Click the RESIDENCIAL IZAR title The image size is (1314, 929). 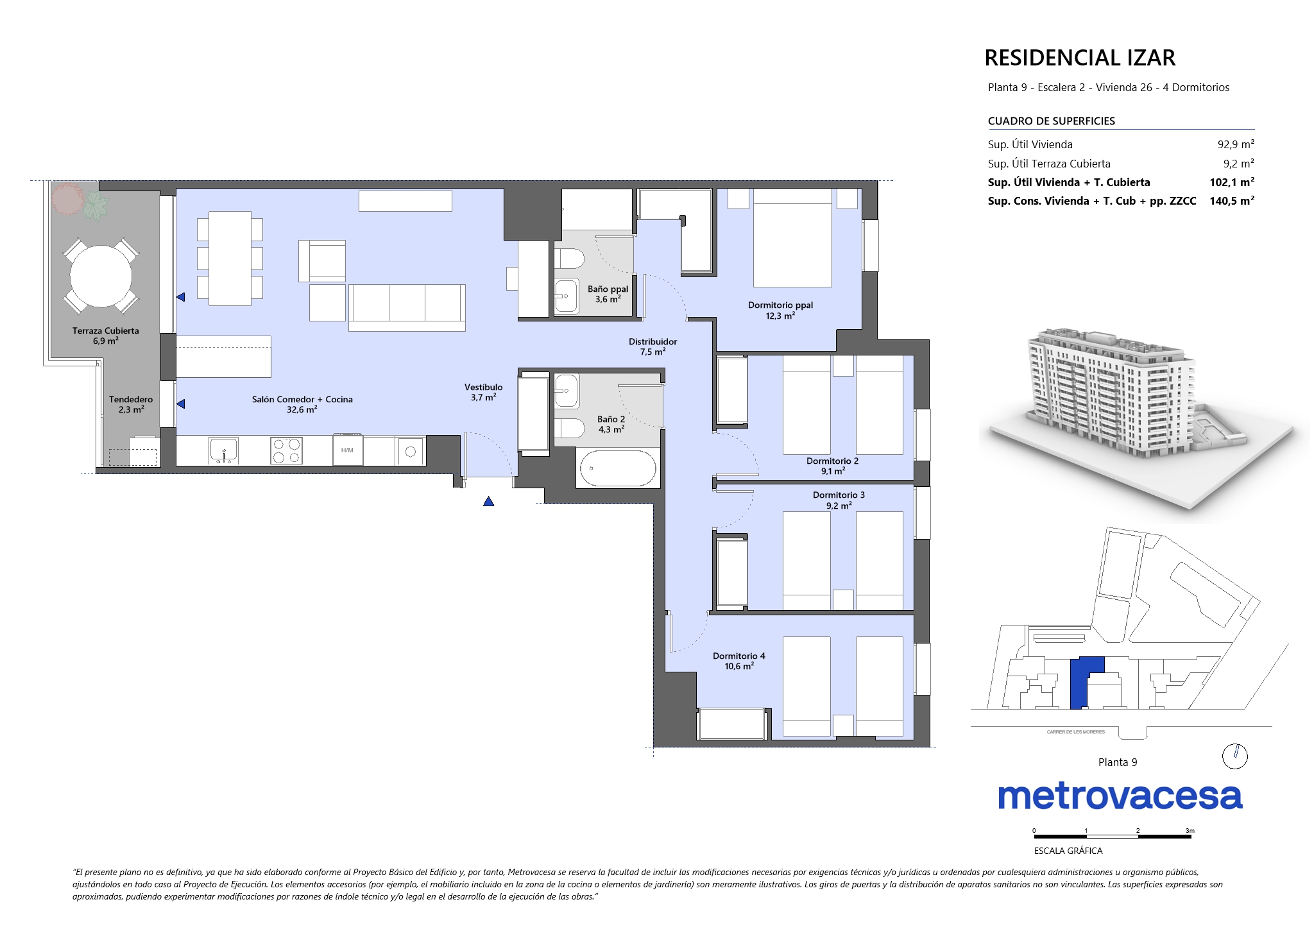pyautogui.click(x=1080, y=58)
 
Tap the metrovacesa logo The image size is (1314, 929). pyautogui.click(x=1120, y=796)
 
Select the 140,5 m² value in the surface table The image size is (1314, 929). pyautogui.click(x=1232, y=201)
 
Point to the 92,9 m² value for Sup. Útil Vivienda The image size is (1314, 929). pyautogui.click(x=1236, y=144)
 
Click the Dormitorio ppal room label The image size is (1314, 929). pyautogui.click(x=780, y=305)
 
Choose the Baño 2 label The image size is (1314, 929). pyautogui.click(x=611, y=420)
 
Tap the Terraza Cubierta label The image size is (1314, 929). pyautogui.click(x=105, y=331)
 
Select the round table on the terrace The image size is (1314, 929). pyautogui.click(x=101, y=277)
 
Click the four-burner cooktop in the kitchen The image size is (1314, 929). pyautogui.click(x=287, y=450)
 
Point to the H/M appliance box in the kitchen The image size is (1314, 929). pyautogui.click(x=347, y=450)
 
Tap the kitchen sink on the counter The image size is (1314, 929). pyautogui.click(x=223, y=450)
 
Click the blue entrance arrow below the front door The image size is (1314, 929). pyautogui.click(x=489, y=501)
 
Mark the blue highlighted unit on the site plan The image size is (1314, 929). pyautogui.click(x=1084, y=683)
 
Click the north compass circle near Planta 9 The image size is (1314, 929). pyautogui.click(x=1235, y=756)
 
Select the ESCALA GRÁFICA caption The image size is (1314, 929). pyautogui.click(x=1068, y=851)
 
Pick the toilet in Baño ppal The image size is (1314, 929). pyautogui.click(x=569, y=259)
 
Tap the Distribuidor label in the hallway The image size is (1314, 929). pyautogui.click(x=653, y=342)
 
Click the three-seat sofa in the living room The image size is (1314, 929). pyautogui.click(x=407, y=308)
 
